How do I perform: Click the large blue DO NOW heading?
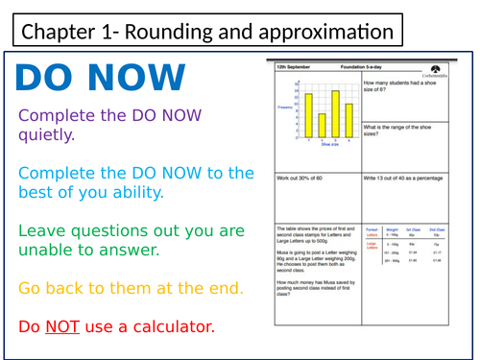pos(101,78)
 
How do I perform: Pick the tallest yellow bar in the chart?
pos(335,114)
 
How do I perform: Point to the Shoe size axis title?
pos(330,145)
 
